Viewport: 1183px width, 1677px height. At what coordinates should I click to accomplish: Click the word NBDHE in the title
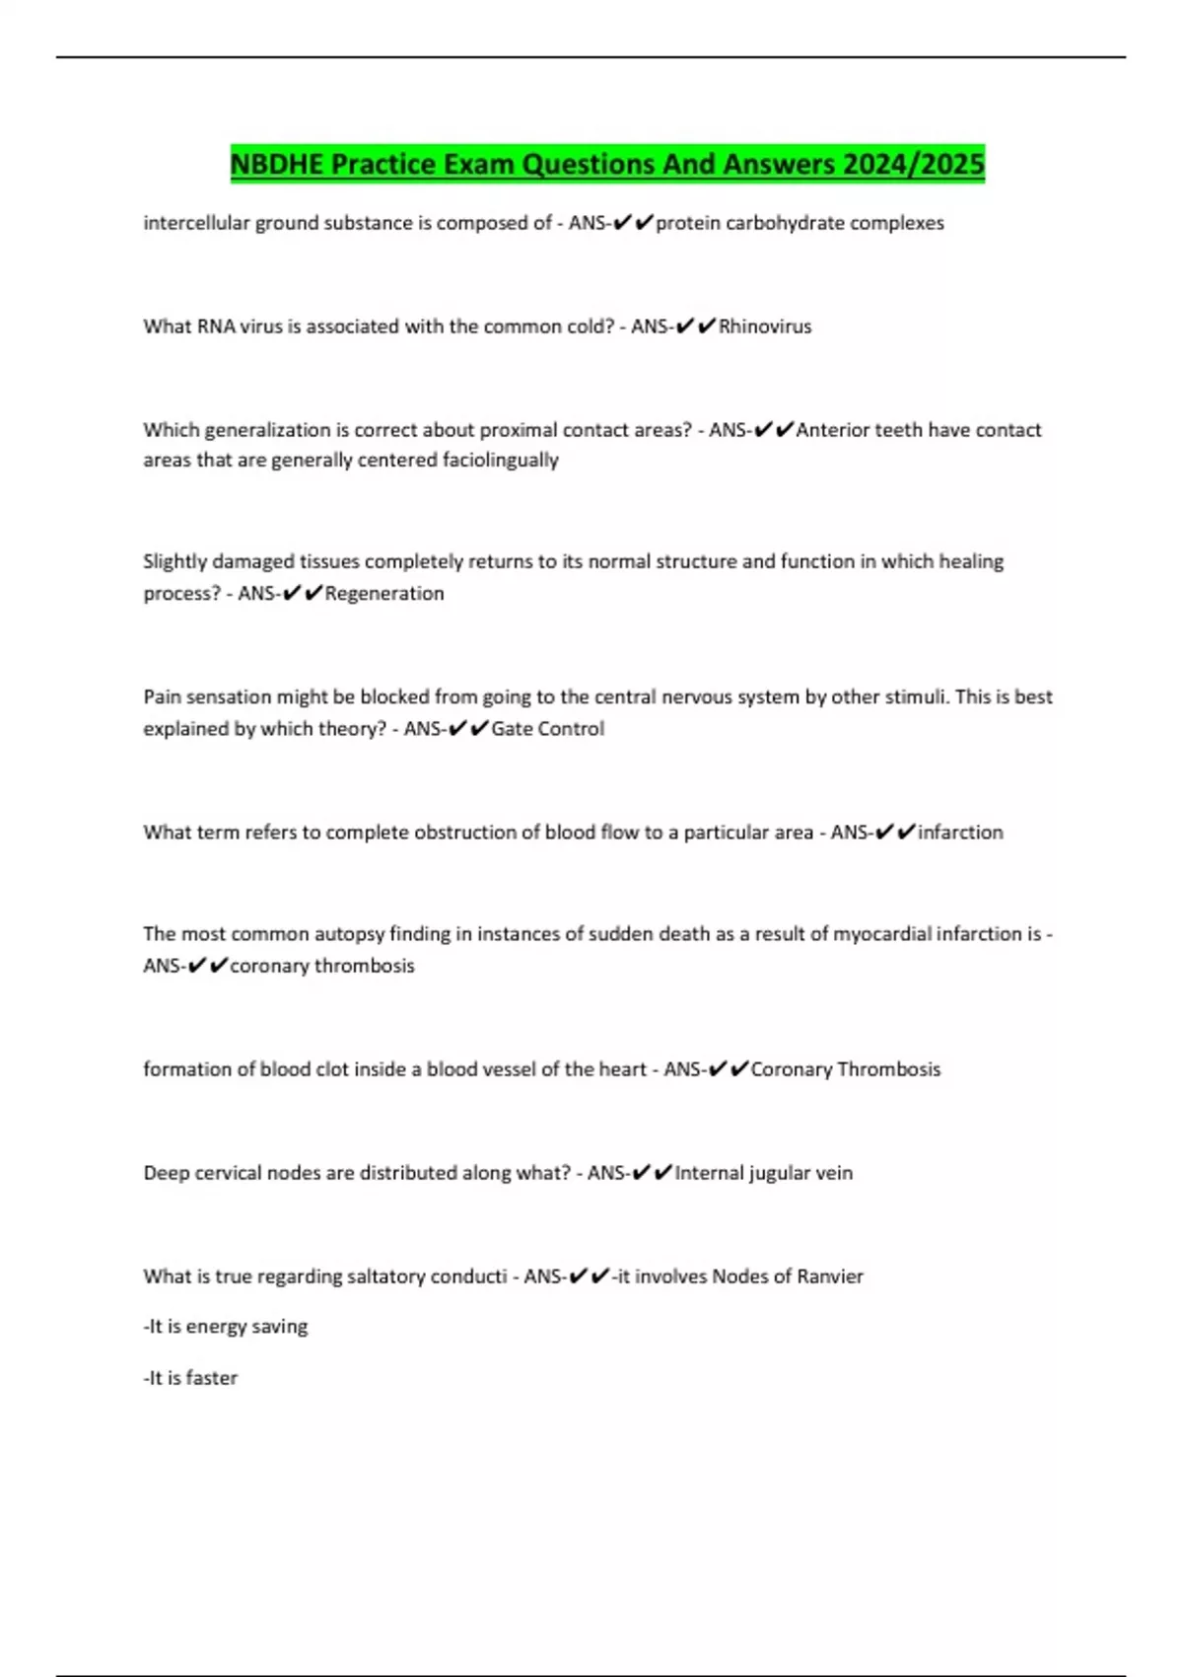coord(276,164)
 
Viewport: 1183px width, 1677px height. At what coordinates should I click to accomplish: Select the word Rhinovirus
coord(765,327)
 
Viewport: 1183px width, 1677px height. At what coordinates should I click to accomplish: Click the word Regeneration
coord(384,594)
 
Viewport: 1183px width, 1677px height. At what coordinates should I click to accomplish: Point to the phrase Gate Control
coord(547,729)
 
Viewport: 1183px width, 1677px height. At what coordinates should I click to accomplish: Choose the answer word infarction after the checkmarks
coord(960,833)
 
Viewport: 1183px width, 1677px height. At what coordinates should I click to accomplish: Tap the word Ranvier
coord(830,1276)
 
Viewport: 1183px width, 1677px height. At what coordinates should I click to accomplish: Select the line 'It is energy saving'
coord(226,1327)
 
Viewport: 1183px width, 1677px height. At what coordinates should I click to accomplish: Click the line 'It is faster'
coord(191,1378)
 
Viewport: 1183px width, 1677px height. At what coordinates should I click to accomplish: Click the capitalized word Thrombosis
coord(888,1069)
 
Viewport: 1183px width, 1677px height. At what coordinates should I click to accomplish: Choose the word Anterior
coord(834,430)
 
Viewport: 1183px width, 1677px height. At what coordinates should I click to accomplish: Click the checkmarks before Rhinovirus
coord(695,327)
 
